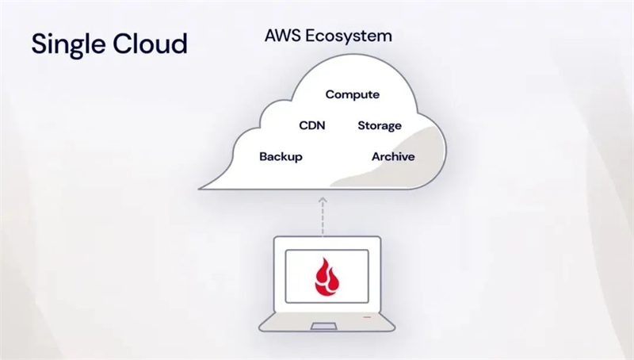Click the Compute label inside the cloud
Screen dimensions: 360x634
click(x=353, y=94)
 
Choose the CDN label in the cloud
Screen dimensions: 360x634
click(x=312, y=125)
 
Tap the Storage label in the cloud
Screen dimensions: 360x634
click(x=380, y=125)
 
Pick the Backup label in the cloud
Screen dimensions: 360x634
click(x=281, y=156)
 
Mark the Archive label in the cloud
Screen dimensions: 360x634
click(x=393, y=156)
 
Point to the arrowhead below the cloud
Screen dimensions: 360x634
click(x=323, y=202)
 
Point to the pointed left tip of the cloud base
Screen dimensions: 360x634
click(x=200, y=188)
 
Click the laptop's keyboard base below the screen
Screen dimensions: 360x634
click(x=327, y=320)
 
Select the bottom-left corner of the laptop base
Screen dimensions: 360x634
click(x=261, y=328)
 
